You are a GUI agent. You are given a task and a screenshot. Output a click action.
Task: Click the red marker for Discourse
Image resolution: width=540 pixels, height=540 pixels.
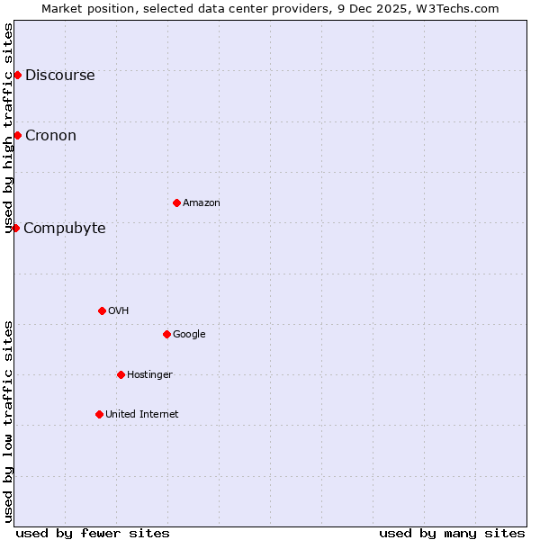[17, 75]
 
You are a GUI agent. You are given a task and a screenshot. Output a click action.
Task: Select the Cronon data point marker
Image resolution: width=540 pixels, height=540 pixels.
[17, 135]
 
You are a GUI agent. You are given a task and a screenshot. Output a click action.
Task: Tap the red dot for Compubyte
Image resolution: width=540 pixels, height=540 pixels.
[15, 228]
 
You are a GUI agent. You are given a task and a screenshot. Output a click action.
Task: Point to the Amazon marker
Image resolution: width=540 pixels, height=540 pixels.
[176, 202]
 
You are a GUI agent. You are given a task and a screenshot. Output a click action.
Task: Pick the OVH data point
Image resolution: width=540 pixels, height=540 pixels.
[102, 310]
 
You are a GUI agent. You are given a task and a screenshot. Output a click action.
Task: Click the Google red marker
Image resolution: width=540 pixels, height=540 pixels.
[166, 334]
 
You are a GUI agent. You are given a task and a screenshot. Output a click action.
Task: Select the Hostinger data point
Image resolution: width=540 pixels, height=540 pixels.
[121, 374]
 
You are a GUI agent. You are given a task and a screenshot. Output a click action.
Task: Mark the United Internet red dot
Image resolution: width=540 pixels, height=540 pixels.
[99, 414]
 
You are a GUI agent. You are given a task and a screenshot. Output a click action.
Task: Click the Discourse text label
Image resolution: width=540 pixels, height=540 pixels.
[59, 76]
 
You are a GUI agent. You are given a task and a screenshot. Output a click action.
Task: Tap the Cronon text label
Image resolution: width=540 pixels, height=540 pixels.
[50, 136]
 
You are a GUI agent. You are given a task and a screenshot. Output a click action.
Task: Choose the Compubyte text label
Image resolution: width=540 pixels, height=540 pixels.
[64, 229]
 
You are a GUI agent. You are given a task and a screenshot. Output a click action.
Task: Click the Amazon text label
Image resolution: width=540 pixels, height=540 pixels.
[201, 203]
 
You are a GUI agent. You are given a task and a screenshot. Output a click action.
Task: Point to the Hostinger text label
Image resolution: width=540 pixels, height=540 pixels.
[149, 375]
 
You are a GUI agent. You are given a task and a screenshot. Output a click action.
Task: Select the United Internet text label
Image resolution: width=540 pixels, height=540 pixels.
[141, 415]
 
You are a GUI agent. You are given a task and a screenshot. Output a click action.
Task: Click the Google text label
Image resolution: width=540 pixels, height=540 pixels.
[189, 335]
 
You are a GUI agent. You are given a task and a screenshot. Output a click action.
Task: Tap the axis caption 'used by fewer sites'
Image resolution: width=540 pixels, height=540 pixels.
[93, 533]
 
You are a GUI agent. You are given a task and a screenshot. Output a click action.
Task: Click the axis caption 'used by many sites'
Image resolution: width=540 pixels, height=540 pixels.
[452, 533]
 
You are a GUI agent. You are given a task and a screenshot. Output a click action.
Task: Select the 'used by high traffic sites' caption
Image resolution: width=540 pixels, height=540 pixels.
[9, 128]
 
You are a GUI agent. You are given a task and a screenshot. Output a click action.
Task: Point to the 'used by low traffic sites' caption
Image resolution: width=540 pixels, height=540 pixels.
[9, 421]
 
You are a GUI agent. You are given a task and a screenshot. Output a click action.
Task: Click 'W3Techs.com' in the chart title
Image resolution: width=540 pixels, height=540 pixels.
[463, 8]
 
